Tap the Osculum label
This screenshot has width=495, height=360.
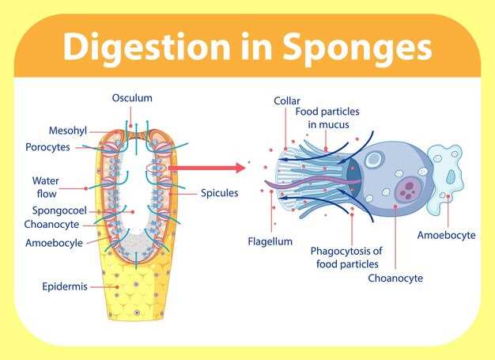pos(132,98)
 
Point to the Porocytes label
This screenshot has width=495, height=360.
pos(48,147)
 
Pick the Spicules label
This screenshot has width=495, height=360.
pos(219,192)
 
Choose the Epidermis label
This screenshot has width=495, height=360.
pos(64,286)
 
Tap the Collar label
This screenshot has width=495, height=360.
pos(286,100)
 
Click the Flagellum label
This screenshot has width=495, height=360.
pos(270,241)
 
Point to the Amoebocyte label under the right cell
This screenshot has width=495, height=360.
pos(447,235)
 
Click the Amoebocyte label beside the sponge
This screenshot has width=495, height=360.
pos(54,243)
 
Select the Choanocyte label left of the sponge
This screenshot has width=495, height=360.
pos(57,224)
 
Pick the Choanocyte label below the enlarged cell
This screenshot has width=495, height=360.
pos(395,278)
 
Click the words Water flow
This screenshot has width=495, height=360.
pos(46,187)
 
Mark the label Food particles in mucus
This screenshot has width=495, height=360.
pos(323,118)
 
